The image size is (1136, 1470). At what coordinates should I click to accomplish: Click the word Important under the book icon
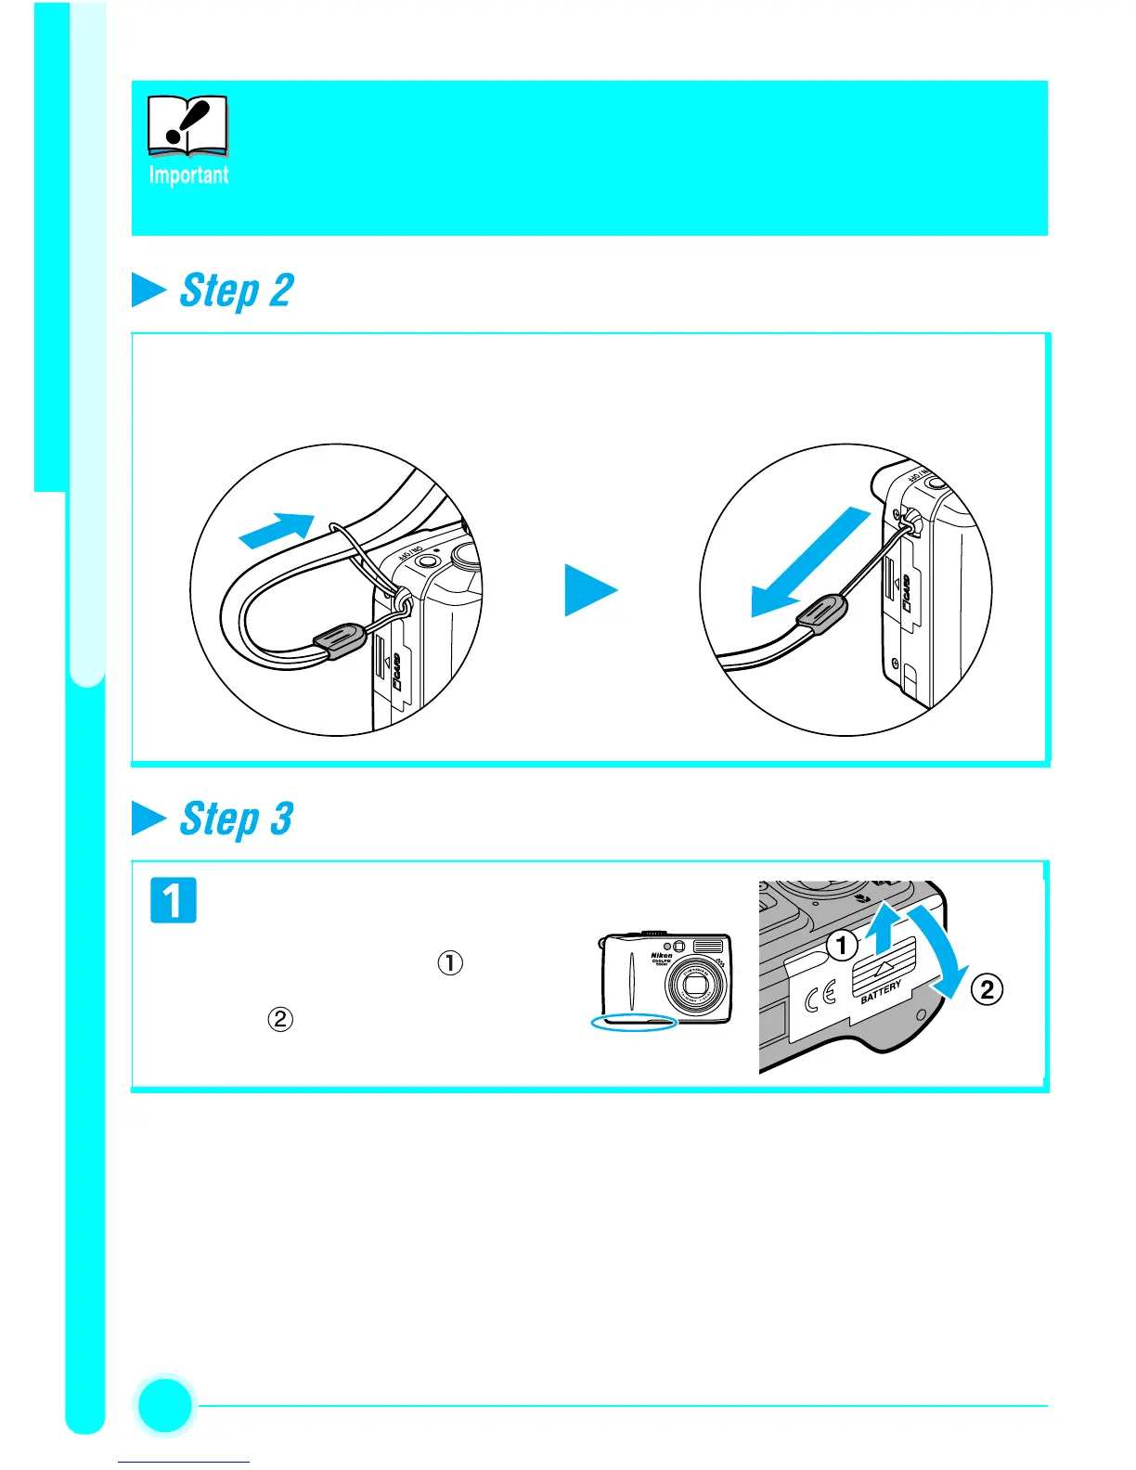(x=188, y=174)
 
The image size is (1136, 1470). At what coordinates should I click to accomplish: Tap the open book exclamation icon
(x=187, y=125)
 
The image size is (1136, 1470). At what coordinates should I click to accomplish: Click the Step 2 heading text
(x=236, y=291)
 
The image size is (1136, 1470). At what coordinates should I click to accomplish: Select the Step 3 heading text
(x=236, y=819)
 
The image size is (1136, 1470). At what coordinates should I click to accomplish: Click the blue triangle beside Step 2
(x=148, y=290)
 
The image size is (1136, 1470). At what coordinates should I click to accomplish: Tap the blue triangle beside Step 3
(x=148, y=819)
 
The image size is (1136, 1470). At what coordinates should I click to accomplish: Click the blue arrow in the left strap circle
(x=277, y=530)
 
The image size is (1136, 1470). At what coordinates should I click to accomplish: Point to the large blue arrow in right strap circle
(x=809, y=565)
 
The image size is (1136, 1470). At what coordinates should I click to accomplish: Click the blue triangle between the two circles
(x=589, y=591)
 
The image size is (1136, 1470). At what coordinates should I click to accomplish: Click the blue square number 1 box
(x=174, y=900)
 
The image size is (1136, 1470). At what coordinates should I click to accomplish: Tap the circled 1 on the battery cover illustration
(x=842, y=946)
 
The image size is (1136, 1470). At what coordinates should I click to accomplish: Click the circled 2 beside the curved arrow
(x=987, y=989)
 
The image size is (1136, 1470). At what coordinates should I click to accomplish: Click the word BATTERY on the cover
(x=881, y=991)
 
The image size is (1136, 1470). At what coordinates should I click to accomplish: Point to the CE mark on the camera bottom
(x=820, y=997)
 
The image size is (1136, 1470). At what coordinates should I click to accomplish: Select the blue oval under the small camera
(x=635, y=1022)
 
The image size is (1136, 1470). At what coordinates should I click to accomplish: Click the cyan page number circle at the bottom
(x=165, y=1406)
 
